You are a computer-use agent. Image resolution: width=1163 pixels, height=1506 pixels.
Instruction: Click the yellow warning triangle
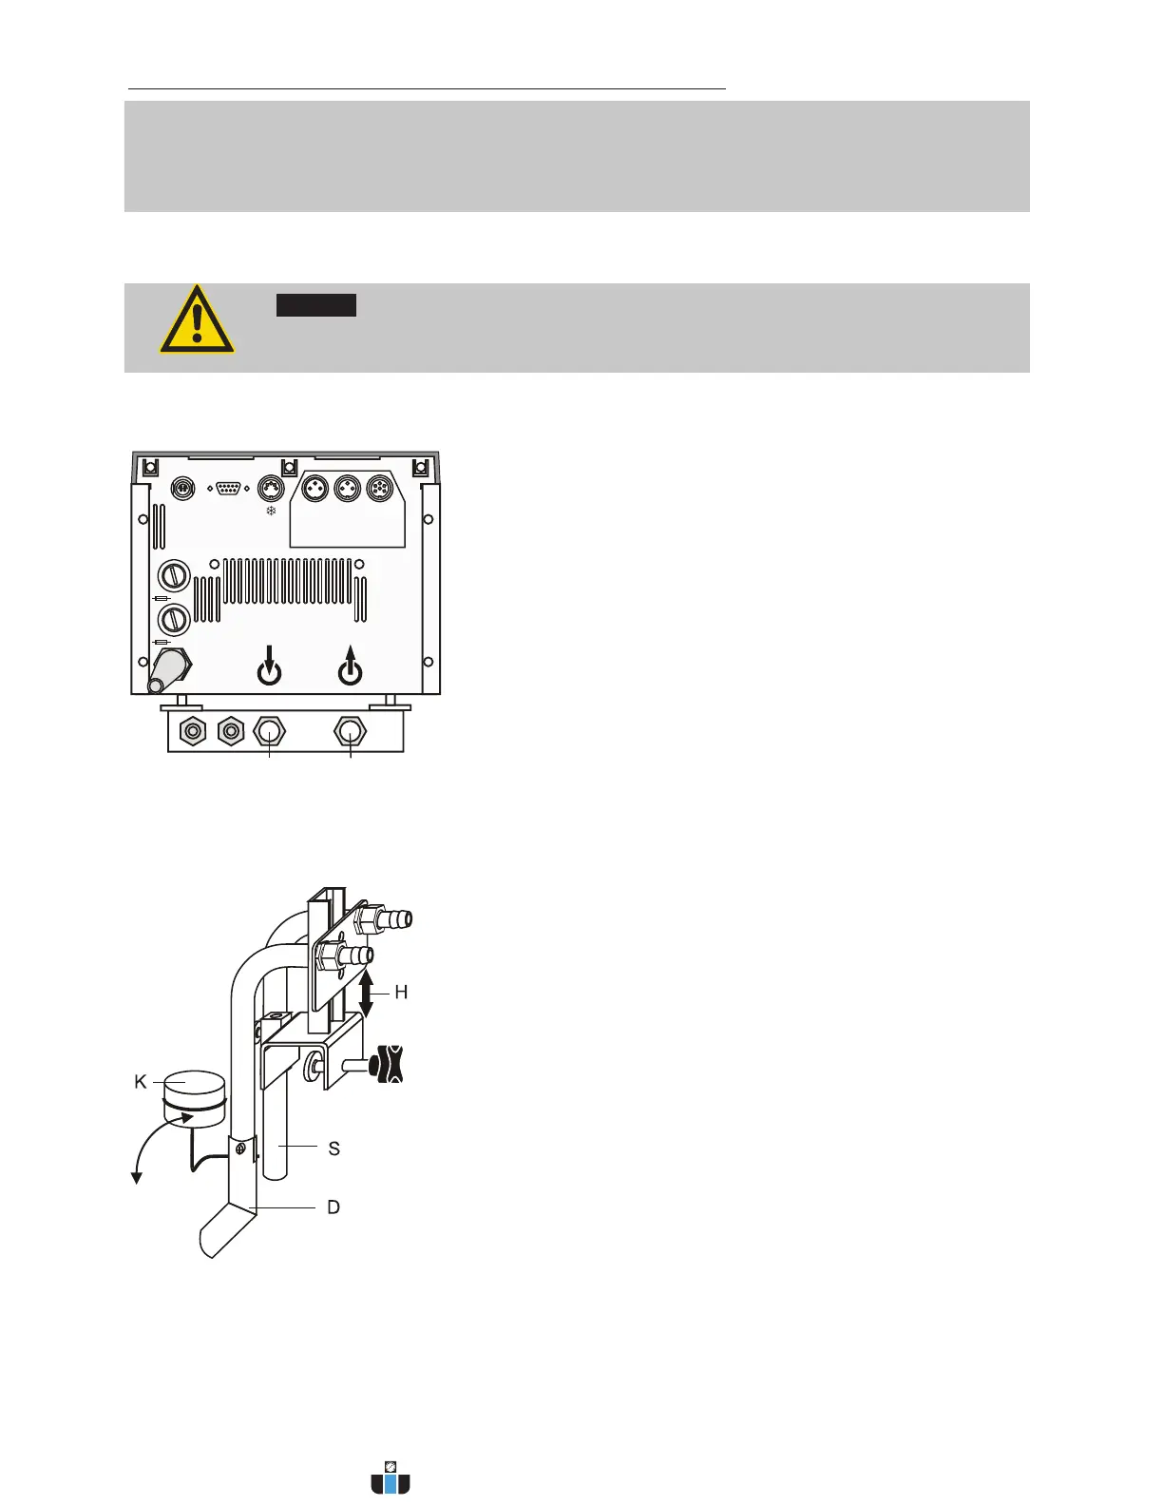point(197,320)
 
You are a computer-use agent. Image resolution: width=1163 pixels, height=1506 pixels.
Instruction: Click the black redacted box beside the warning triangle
point(316,305)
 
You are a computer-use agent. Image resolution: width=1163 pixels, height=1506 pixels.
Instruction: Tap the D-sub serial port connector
point(228,488)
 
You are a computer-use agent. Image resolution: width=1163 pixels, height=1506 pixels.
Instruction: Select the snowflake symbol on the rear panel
point(271,512)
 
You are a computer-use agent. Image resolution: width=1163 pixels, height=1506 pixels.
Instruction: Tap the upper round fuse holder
point(173,575)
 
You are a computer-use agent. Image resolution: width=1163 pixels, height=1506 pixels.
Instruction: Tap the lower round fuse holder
point(173,620)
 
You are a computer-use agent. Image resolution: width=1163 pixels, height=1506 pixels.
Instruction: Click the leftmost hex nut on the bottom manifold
point(193,731)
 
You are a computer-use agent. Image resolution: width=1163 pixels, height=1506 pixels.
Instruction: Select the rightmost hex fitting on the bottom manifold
point(351,731)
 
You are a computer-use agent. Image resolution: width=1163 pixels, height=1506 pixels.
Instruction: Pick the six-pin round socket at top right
point(380,488)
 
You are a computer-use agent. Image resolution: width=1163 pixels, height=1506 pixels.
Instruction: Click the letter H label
point(401,993)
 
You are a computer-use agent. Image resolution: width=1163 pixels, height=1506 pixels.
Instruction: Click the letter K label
point(141,1082)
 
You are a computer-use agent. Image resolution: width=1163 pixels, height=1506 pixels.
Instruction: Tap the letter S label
point(334,1149)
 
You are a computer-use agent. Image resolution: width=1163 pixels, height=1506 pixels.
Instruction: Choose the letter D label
point(334,1207)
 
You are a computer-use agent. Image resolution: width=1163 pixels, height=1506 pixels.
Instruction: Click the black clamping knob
point(389,1063)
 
